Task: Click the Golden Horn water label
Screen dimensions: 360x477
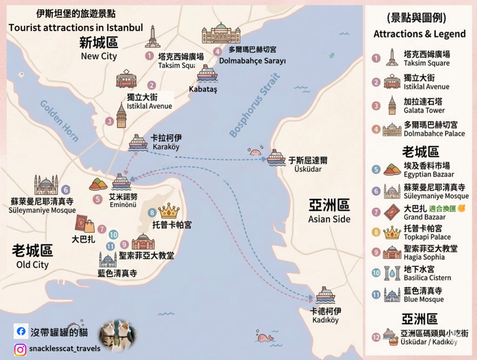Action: [x=59, y=120]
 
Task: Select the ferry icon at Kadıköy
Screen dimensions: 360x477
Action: [x=325, y=294]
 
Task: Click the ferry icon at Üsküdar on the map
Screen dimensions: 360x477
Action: [x=276, y=157]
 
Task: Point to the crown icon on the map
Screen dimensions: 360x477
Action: [x=169, y=211]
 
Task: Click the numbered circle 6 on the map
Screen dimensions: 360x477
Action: [x=66, y=190]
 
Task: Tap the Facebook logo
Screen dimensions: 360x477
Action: [x=20, y=332]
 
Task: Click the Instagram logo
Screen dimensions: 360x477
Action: [x=20, y=349]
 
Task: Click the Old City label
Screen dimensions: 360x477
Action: [x=32, y=257]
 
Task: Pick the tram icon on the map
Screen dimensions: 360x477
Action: [x=126, y=79]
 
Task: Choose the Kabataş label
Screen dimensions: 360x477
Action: [x=203, y=89]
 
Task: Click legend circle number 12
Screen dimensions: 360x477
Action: [x=376, y=337]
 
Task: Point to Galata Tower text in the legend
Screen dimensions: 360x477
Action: [x=424, y=110]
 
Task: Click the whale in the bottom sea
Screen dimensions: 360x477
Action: [x=264, y=337]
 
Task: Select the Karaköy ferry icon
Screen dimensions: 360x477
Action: [x=138, y=142]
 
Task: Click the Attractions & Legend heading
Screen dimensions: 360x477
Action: [x=419, y=34]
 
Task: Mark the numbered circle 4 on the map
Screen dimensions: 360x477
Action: [x=217, y=52]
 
